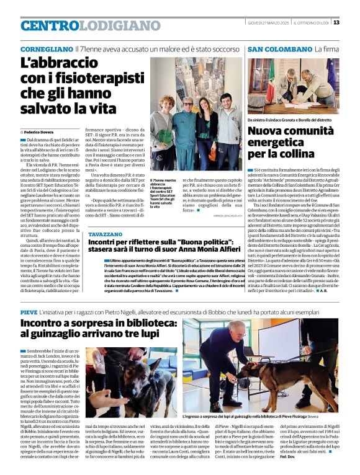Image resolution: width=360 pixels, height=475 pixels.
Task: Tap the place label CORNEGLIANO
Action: pyautogui.click(x=47, y=49)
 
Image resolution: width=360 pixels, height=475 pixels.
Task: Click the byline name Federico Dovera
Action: pyautogui.click(x=40, y=133)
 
